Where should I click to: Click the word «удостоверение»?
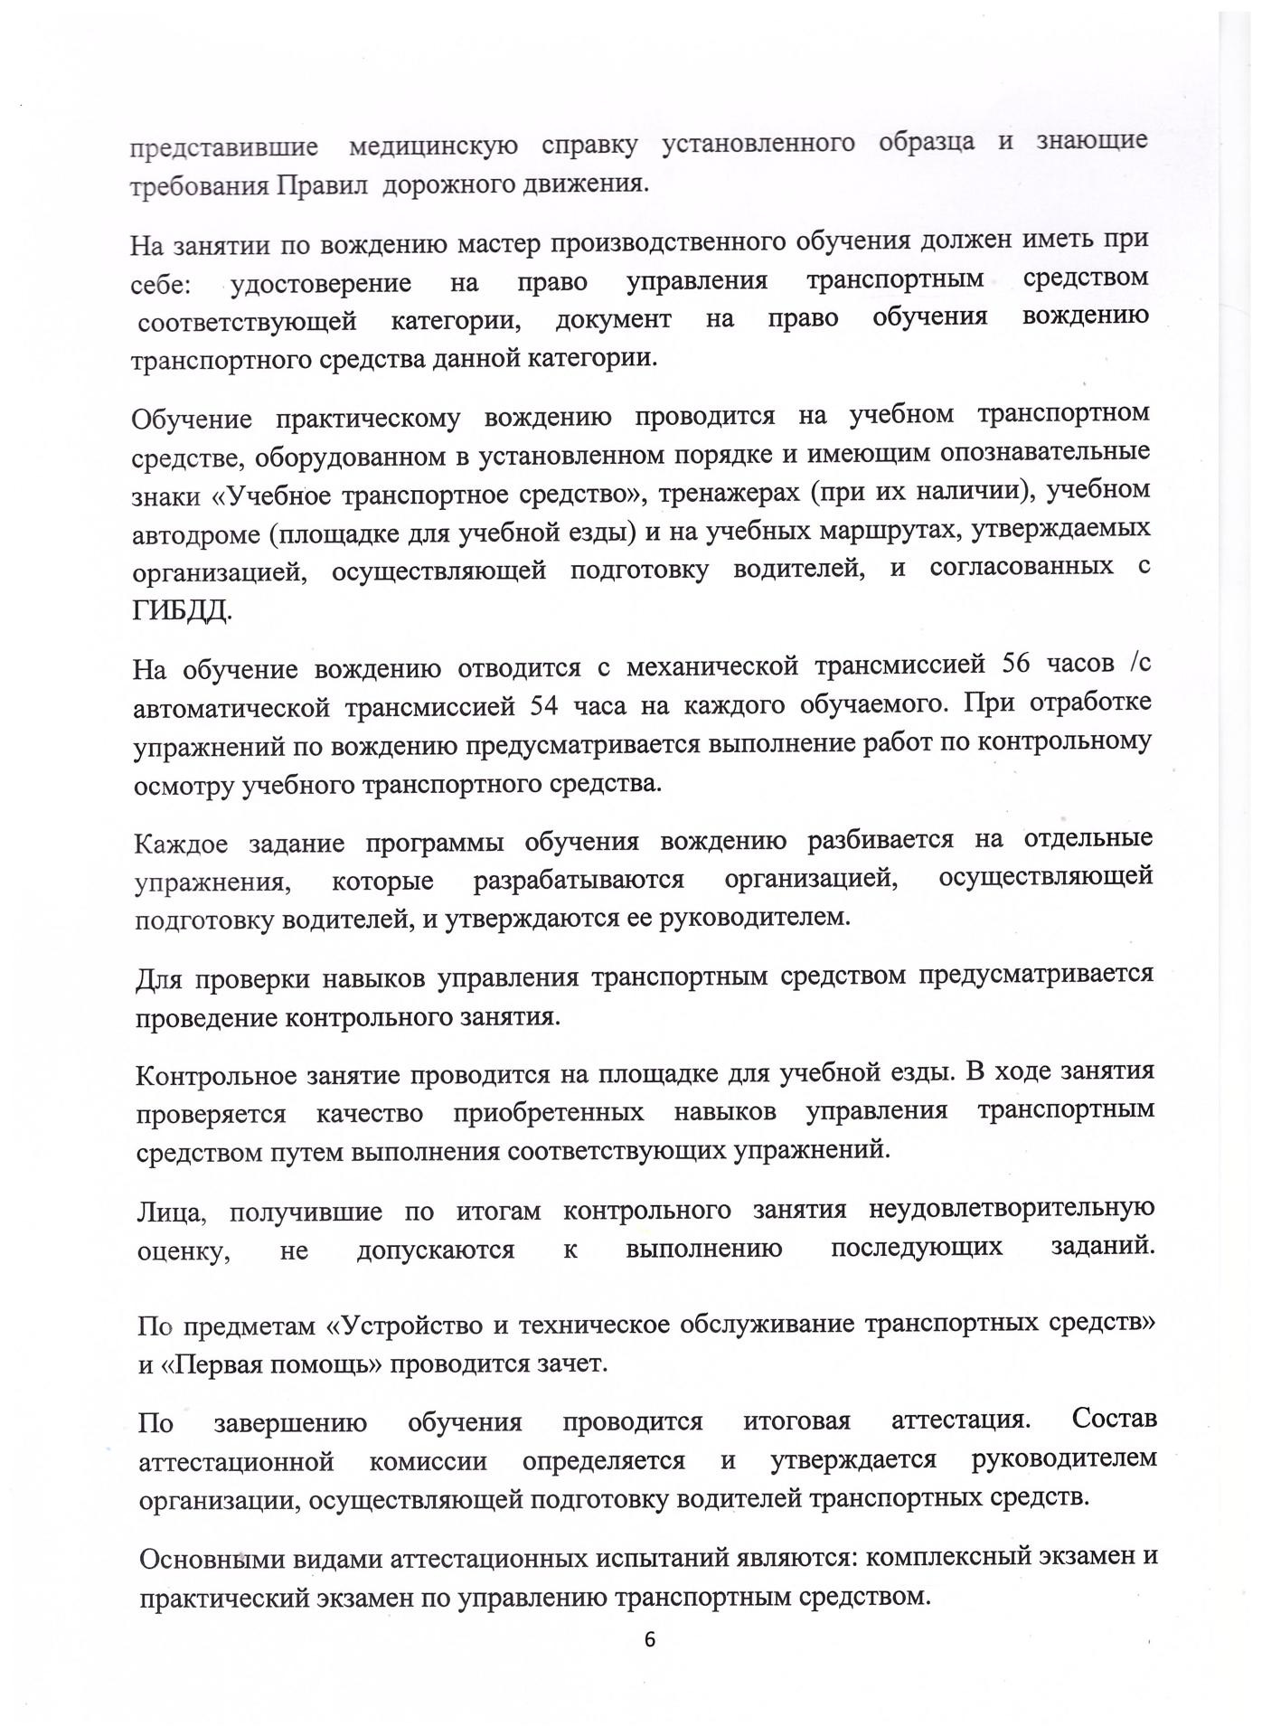(321, 283)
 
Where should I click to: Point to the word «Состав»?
(1114, 1419)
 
